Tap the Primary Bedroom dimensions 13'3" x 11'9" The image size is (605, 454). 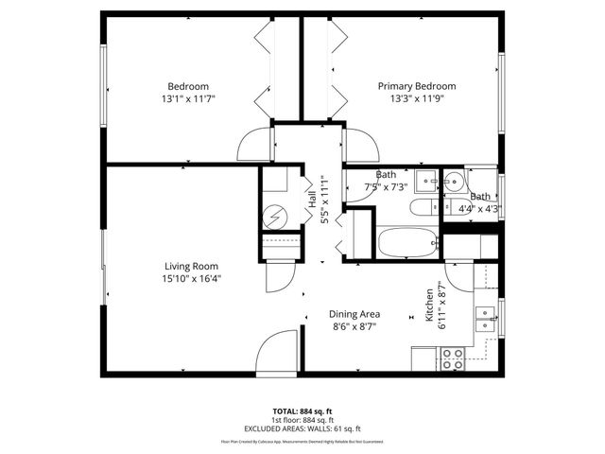click(417, 98)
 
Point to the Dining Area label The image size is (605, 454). click(354, 314)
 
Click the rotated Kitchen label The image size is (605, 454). click(429, 306)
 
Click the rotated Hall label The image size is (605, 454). click(311, 201)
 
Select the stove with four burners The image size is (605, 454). click(453, 358)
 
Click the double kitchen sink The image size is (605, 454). click(488, 318)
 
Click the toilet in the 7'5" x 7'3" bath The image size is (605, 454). click(421, 207)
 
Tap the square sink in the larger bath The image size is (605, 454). click(426, 179)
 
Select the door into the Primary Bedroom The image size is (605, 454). click(358, 145)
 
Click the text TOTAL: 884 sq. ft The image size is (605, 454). click(302, 411)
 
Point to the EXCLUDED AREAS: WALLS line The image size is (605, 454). click(302, 428)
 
